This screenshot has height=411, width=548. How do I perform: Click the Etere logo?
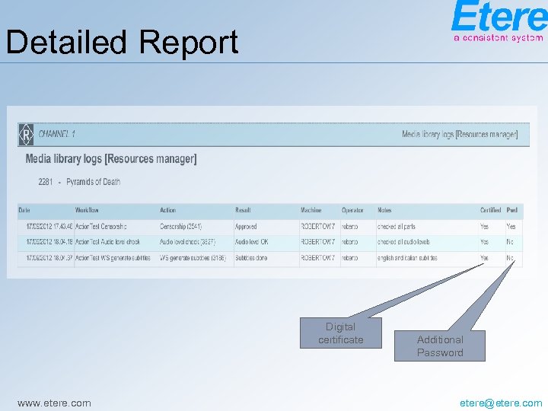(498, 21)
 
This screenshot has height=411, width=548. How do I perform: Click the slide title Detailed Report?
(122, 42)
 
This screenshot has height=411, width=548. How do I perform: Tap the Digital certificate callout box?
(340, 333)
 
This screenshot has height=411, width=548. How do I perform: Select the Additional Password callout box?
(440, 346)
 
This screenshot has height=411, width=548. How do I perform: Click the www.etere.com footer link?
(53, 403)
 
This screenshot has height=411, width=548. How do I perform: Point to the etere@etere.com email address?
(502, 403)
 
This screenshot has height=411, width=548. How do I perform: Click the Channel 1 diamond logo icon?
(27, 134)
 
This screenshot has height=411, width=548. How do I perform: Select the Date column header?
(24, 210)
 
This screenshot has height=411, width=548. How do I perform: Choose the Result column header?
(243, 210)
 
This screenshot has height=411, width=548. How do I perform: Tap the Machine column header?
(311, 210)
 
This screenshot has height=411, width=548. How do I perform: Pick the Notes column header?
(384, 210)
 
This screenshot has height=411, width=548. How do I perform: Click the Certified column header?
(490, 210)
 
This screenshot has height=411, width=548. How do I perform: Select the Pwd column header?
(511, 210)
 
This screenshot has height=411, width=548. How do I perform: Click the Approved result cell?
(246, 227)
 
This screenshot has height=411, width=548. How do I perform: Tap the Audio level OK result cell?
(251, 242)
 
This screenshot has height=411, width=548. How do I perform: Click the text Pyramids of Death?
(93, 182)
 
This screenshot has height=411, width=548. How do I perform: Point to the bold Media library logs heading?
(111, 159)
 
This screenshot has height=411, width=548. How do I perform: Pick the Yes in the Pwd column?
(511, 227)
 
